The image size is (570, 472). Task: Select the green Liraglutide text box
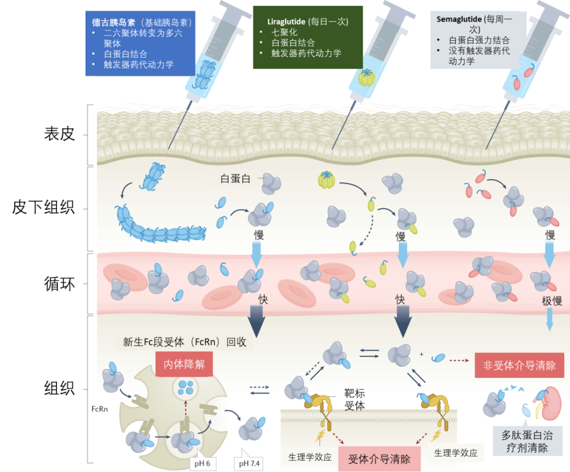point(308,37)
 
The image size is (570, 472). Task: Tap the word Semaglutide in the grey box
point(459,19)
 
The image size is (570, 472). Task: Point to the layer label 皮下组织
point(44,208)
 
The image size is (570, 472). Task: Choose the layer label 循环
point(59,284)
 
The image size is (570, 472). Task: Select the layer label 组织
point(59,389)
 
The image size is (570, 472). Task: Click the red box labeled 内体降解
point(184,364)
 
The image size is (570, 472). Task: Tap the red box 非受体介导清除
point(519,365)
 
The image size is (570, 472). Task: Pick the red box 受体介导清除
point(379,458)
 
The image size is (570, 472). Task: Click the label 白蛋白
point(235,179)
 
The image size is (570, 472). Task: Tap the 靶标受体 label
point(354,400)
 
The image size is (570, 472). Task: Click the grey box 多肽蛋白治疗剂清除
point(526,442)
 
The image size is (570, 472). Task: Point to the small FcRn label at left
point(100,409)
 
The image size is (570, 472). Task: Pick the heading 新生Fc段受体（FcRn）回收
point(185,342)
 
